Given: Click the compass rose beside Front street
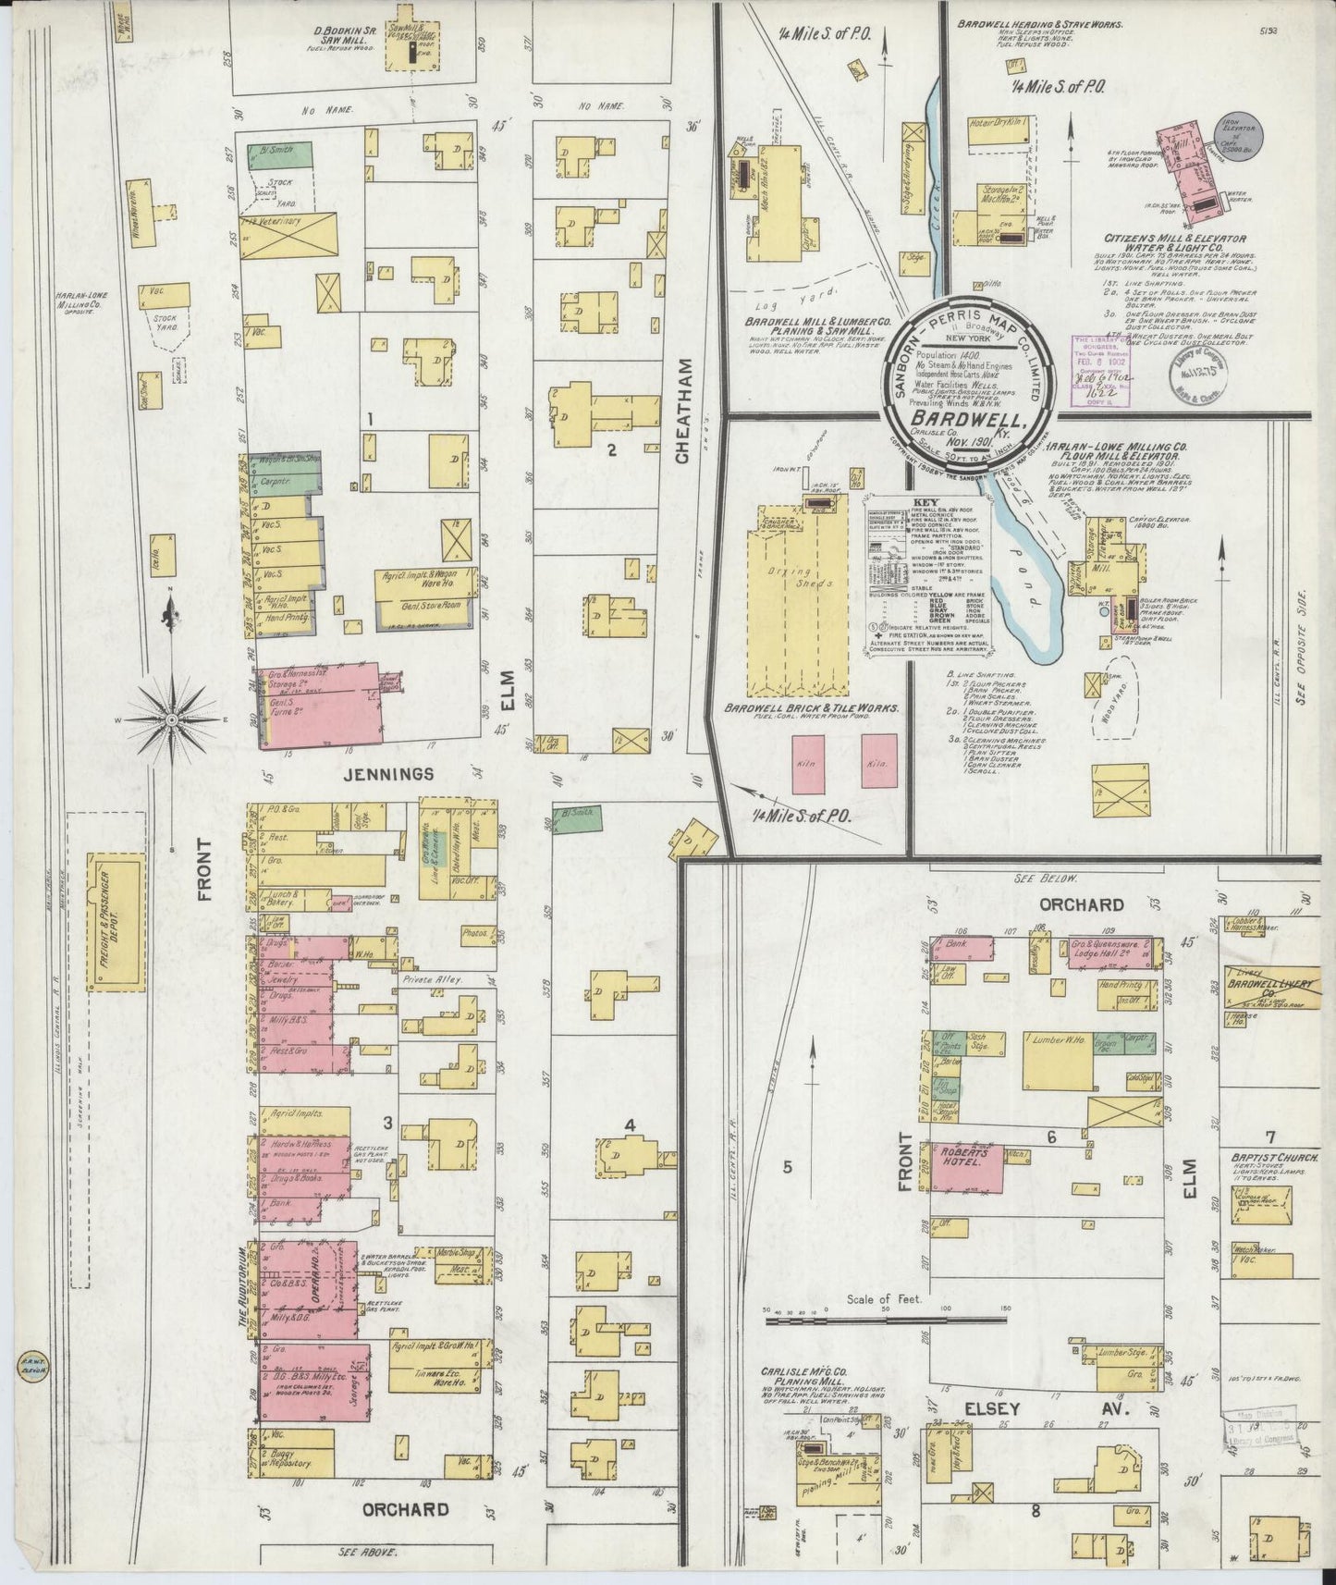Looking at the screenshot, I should click(173, 717).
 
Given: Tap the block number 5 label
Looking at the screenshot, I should click(788, 1167).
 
